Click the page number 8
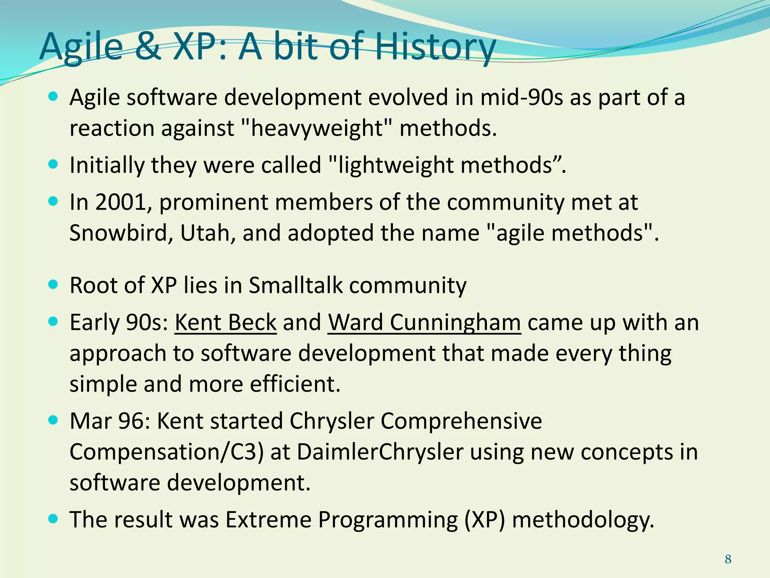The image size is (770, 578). coord(728,559)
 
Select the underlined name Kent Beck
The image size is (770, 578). coord(226,323)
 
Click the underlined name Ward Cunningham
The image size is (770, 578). coord(424,323)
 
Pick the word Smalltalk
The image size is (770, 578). coord(296,285)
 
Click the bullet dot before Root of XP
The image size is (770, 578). coord(53,284)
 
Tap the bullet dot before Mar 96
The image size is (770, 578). coord(53,420)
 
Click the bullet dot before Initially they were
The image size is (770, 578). coord(53,164)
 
